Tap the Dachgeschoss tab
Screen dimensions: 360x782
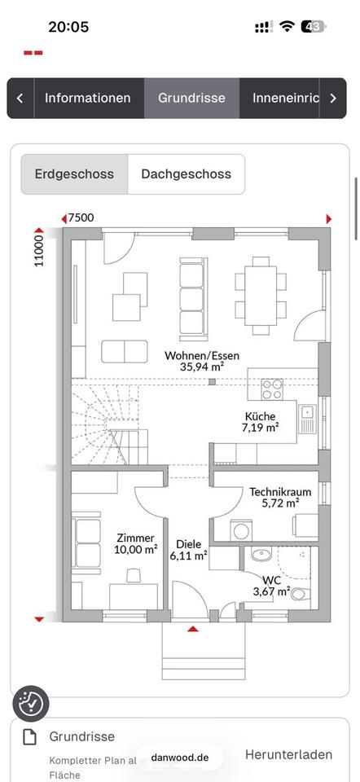tap(186, 174)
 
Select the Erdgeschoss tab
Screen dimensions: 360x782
tap(74, 174)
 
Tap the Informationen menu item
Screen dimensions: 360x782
tap(88, 98)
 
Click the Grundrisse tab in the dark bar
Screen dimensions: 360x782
tap(191, 98)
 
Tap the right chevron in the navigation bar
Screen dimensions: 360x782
tap(333, 99)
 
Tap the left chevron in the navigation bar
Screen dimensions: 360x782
tap(20, 99)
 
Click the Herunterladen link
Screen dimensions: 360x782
tap(288, 754)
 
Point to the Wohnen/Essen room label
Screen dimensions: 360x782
tap(202, 356)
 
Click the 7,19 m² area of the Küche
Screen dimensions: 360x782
tap(261, 428)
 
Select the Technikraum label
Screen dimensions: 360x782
tap(280, 492)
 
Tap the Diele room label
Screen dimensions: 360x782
tap(188, 545)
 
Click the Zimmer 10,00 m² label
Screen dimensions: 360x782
tap(136, 543)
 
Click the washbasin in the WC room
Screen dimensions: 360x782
tap(261, 554)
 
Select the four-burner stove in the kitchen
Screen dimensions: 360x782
tap(272, 389)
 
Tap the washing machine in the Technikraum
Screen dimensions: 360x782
tap(241, 530)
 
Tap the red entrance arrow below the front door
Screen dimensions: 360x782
tap(193, 629)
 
